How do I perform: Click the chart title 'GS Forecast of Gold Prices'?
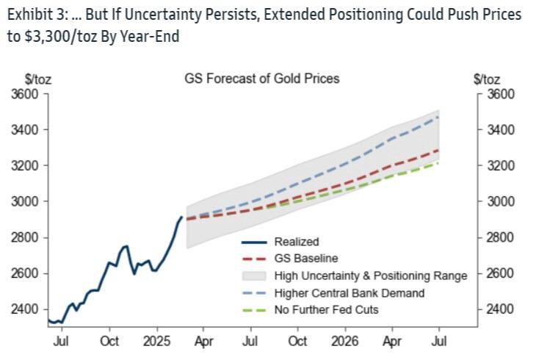tap(261, 79)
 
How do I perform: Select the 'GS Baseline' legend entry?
tap(301, 258)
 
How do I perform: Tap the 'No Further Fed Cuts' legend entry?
tap(326, 309)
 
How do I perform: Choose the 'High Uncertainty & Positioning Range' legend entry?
tap(370, 276)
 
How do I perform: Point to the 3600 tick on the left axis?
tap(27, 94)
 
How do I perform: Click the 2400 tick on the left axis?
tap(27, 309)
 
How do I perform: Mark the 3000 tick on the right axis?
tap(503, 201)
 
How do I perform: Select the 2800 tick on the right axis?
tap(503, 237)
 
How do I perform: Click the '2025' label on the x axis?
tap(157, 342)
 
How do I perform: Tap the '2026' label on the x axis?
tap(345, 342)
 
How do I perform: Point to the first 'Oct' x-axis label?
tap(110, 342)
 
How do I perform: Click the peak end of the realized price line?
tap(182, 217)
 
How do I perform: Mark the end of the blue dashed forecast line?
tap(439, 117)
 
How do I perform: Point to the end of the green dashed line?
tap(439, 163)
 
